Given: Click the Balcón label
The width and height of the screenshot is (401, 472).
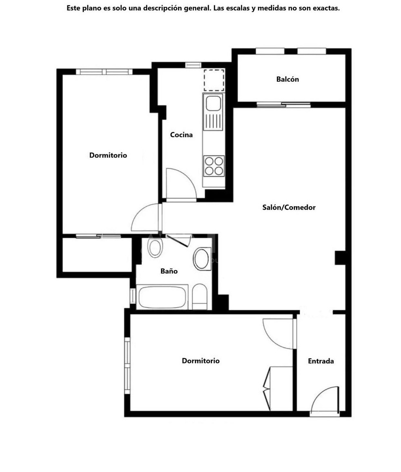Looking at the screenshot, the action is (x=287, y=79).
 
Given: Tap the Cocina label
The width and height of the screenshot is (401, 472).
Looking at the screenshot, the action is (x=181, y=135).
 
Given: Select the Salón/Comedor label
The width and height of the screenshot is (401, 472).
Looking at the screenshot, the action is (x=289, y=207).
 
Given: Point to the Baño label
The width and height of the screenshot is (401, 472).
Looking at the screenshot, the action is (x=169, y=271).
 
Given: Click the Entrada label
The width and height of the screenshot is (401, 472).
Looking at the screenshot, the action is (x=321, y=361).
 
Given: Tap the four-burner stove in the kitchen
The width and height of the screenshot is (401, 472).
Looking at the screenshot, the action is (x=214, y=166).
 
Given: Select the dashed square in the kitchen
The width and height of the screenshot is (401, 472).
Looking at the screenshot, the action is (x=214, y=80).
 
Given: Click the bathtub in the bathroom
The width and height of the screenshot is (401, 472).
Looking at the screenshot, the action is (x=162, y=297).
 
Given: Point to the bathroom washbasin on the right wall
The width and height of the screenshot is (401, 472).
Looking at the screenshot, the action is (x=202, y=258).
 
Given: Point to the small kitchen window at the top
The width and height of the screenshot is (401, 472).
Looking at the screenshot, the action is (x=193, y=65).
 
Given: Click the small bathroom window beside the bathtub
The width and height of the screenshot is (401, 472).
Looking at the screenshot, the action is (x=132, y=296).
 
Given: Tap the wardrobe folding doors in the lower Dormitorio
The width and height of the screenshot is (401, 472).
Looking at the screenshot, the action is (x=267, y=388).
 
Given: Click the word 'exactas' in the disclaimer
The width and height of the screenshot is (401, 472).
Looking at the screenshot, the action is (x=326, y=8).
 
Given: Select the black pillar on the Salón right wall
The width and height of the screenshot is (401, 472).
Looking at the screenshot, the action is (x=340, y=258).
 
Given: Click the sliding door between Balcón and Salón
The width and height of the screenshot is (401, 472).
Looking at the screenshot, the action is (x=283, y=105).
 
